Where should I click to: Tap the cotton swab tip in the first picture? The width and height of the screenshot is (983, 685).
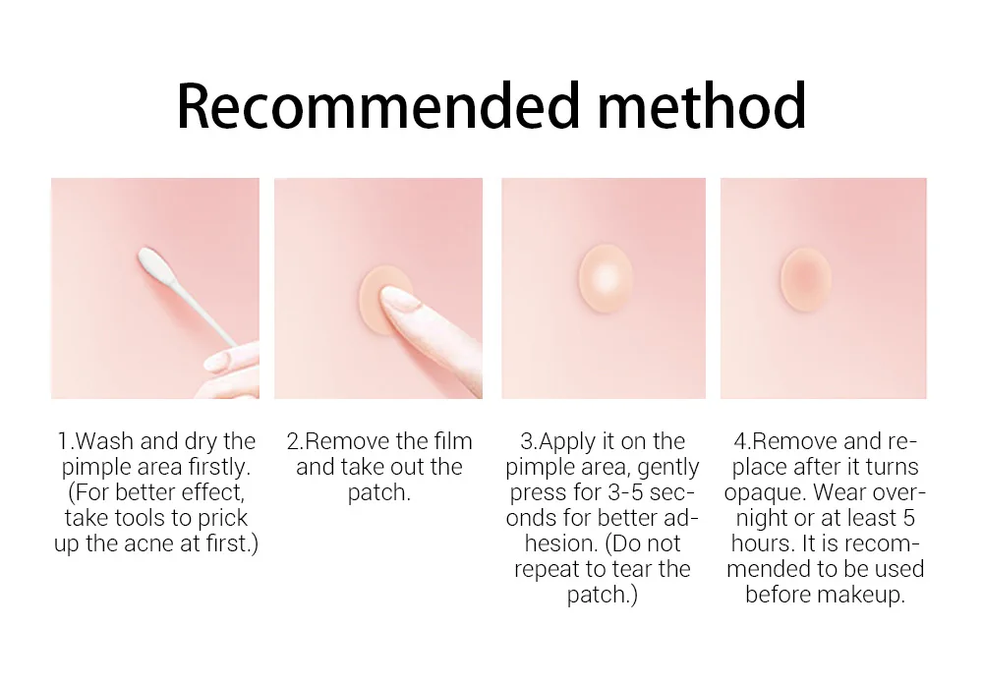click(153, 262)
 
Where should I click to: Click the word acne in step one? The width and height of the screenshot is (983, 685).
click(153, 543)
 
